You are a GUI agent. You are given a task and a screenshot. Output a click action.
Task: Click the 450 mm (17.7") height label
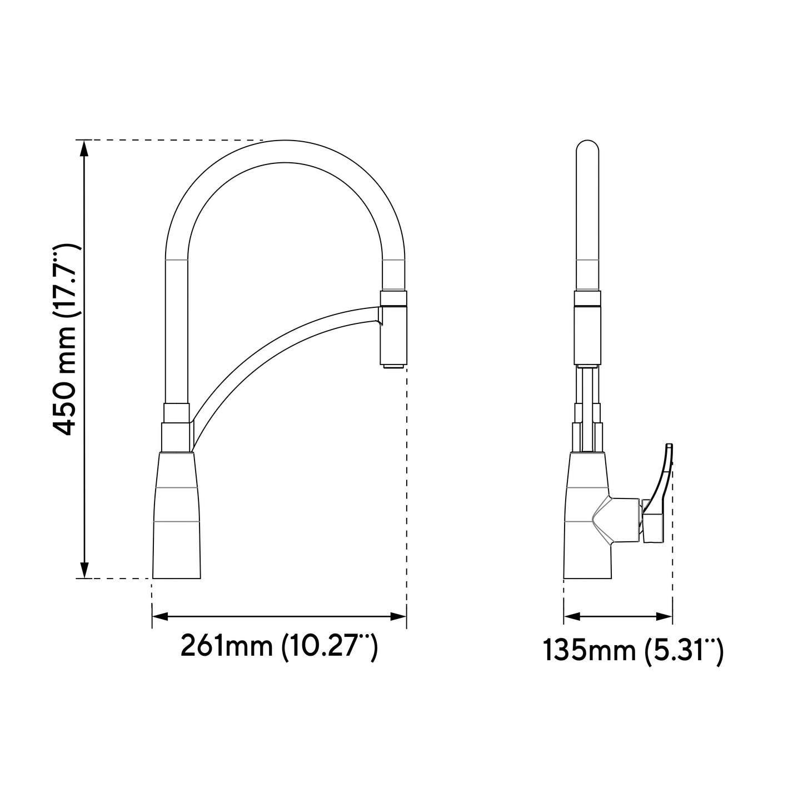(66, 339)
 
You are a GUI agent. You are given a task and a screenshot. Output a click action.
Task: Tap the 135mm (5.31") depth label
(633, 651)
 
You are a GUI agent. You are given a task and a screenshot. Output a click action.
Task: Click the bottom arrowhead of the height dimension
(84, 570)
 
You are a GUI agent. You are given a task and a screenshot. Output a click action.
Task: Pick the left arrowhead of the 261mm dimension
(160, 616)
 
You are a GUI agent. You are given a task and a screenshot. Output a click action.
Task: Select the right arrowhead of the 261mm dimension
(398, 616)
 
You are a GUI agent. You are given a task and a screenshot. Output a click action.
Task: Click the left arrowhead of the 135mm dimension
(572, 616)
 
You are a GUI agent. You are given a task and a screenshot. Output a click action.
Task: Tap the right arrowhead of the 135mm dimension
(665, 616)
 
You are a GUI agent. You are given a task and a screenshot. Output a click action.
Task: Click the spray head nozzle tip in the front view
(394, 366)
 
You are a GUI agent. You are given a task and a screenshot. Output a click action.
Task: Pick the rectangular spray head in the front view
(394, 333)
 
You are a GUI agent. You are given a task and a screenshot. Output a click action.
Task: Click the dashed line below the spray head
(407, 489)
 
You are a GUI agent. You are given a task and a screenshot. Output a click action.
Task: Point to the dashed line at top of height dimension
(172, 140)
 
